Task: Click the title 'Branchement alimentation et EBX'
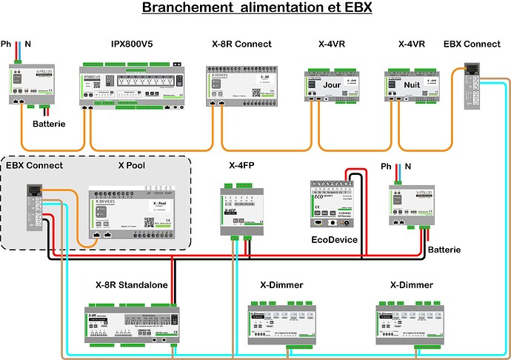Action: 255,9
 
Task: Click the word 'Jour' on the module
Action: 322,85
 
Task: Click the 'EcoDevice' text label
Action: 334,239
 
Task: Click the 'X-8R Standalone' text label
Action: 131,284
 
